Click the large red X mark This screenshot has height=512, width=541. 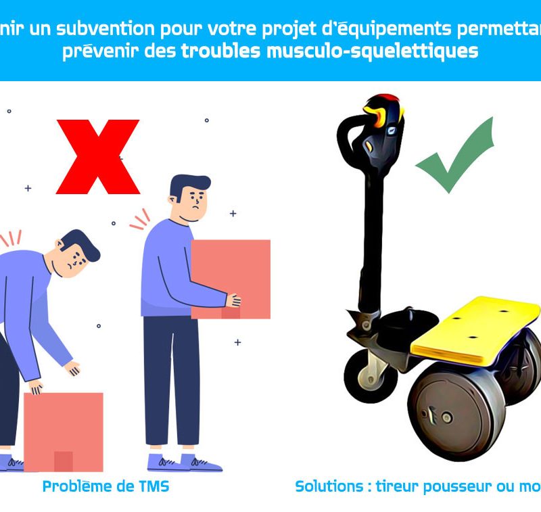coord(98,157)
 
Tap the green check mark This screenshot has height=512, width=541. coord(454,156)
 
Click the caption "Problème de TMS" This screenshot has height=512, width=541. coord(105,486)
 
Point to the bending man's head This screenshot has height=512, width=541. coord(76,253)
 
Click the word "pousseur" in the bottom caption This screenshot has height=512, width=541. coord(446,486)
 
